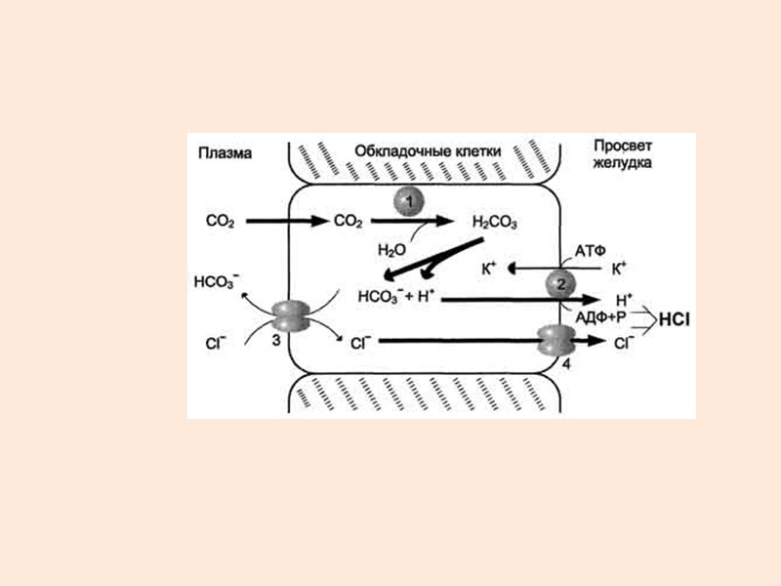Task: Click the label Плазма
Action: click(x=225, y=152)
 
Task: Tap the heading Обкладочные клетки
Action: click(x=428, y=151)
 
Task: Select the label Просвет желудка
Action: click(x=622, y=153)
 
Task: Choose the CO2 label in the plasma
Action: click(x=221, y=222)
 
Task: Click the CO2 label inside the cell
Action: click(x=349, y=222)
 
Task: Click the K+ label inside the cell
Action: click(x=490, y=267)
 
